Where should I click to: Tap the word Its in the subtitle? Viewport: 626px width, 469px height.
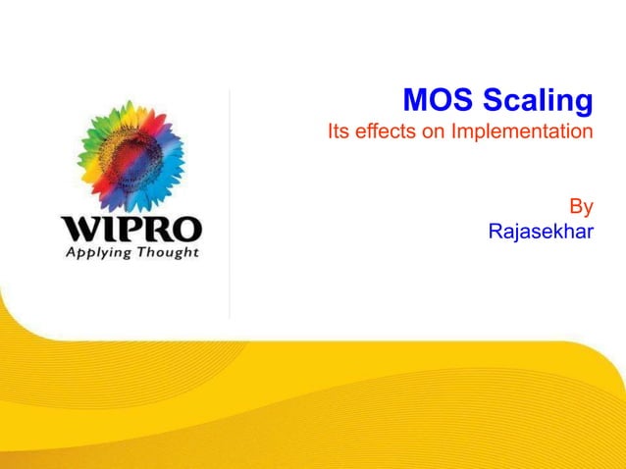click(x=339, y=130)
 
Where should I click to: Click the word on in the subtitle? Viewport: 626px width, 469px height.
click(x=434, y=130)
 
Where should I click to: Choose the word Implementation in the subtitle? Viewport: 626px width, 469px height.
click(x=522, y=131)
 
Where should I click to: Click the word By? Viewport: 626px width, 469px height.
click(x=582, y=207)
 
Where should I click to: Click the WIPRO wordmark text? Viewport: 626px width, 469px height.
click(x=131, y=231)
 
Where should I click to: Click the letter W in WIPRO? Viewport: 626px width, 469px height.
click(x=80, y=231)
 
